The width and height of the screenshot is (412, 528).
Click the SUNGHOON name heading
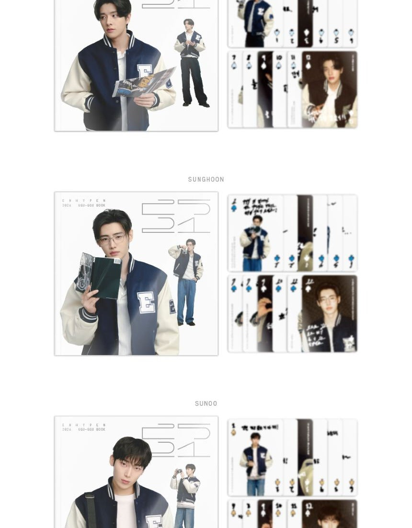(x=206, y=180)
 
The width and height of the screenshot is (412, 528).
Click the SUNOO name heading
(x=206, y=404)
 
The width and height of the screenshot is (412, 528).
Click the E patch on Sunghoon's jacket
(x=146, y=302)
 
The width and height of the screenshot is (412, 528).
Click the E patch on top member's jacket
(x=145, y=73)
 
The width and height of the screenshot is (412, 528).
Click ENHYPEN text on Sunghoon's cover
(x=84, y=201)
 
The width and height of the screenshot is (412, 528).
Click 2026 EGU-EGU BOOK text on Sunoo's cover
(x=84, y=430)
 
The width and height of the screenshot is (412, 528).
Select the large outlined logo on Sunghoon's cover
(x=176, y=216)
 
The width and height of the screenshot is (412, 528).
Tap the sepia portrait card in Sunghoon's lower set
(x=330, y=313)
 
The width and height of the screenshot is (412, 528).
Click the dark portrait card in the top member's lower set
(x=330, y=90)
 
